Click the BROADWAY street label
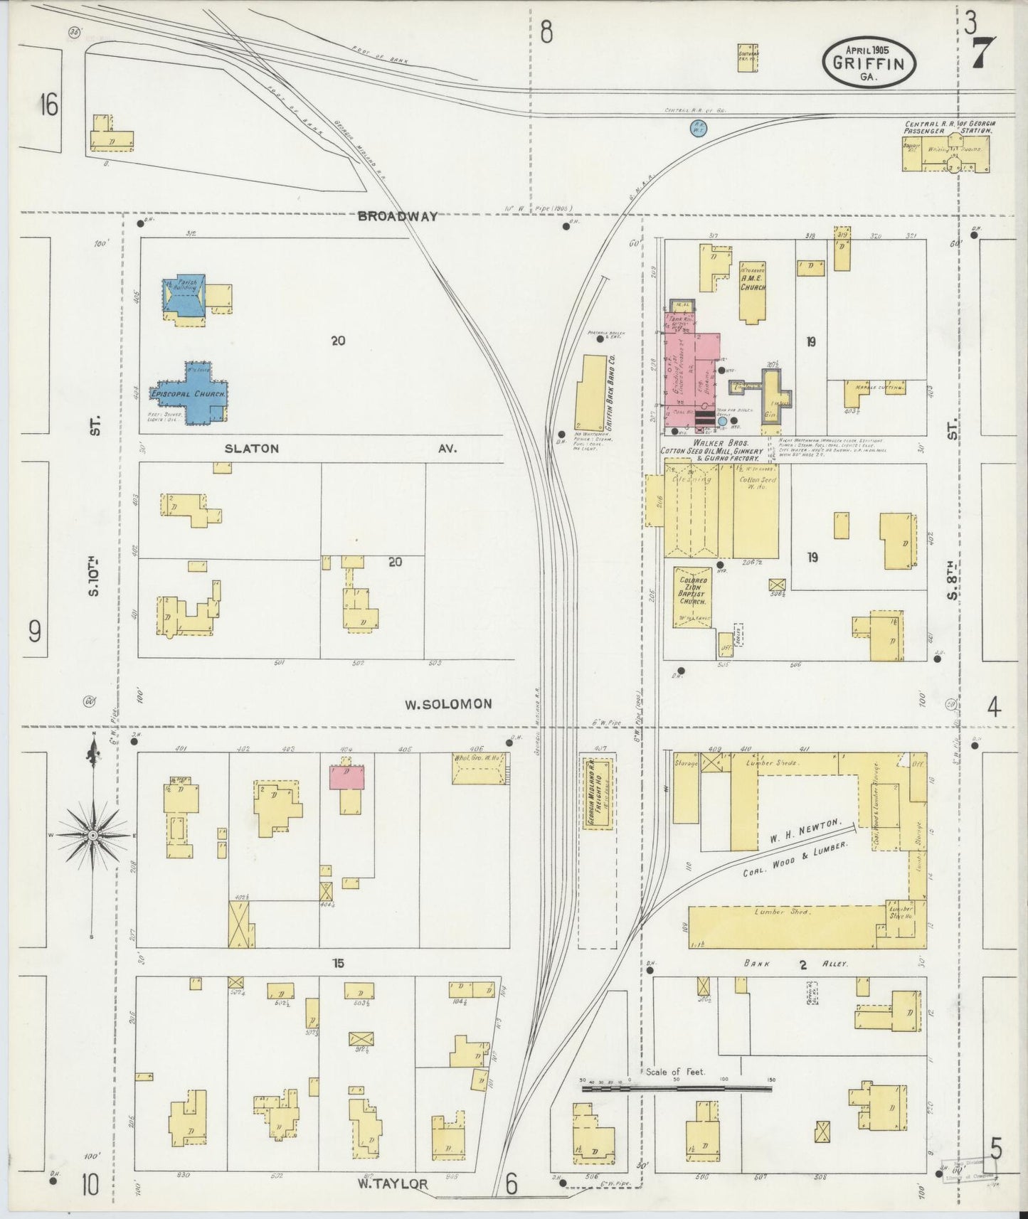point(398,216)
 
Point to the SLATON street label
point(252,449)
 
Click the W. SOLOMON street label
point(448,704)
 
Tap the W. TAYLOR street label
point(393,1184)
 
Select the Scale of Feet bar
point(676,1088)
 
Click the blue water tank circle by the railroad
point(699,129)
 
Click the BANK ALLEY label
point(802,964)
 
